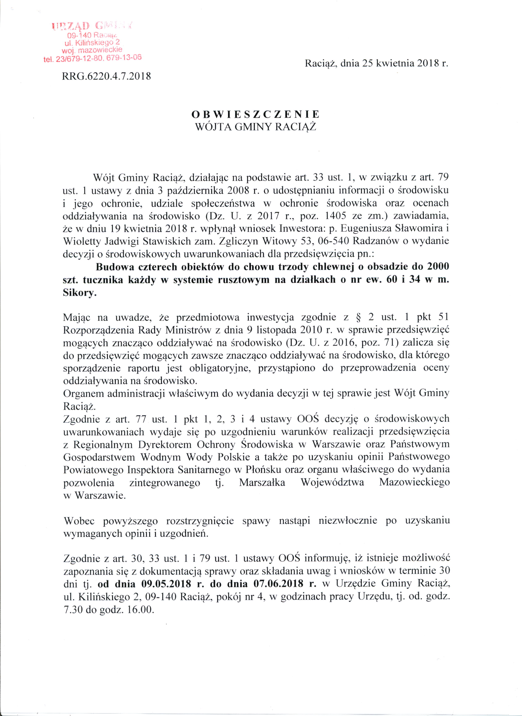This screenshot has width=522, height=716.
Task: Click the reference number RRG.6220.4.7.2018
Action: click(x=107, y=76)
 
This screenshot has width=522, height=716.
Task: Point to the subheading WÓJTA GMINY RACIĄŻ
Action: click(x=256, y=127)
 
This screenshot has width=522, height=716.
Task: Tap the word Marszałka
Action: click(x=262, y=483)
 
